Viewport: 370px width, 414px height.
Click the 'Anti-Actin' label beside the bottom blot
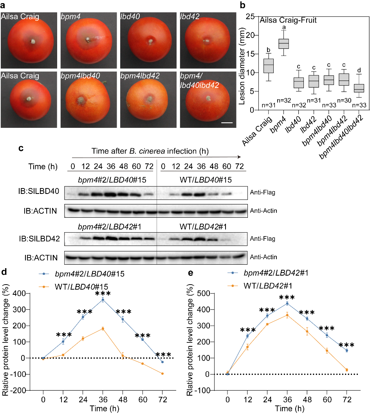264,257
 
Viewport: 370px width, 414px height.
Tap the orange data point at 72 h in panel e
346,370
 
